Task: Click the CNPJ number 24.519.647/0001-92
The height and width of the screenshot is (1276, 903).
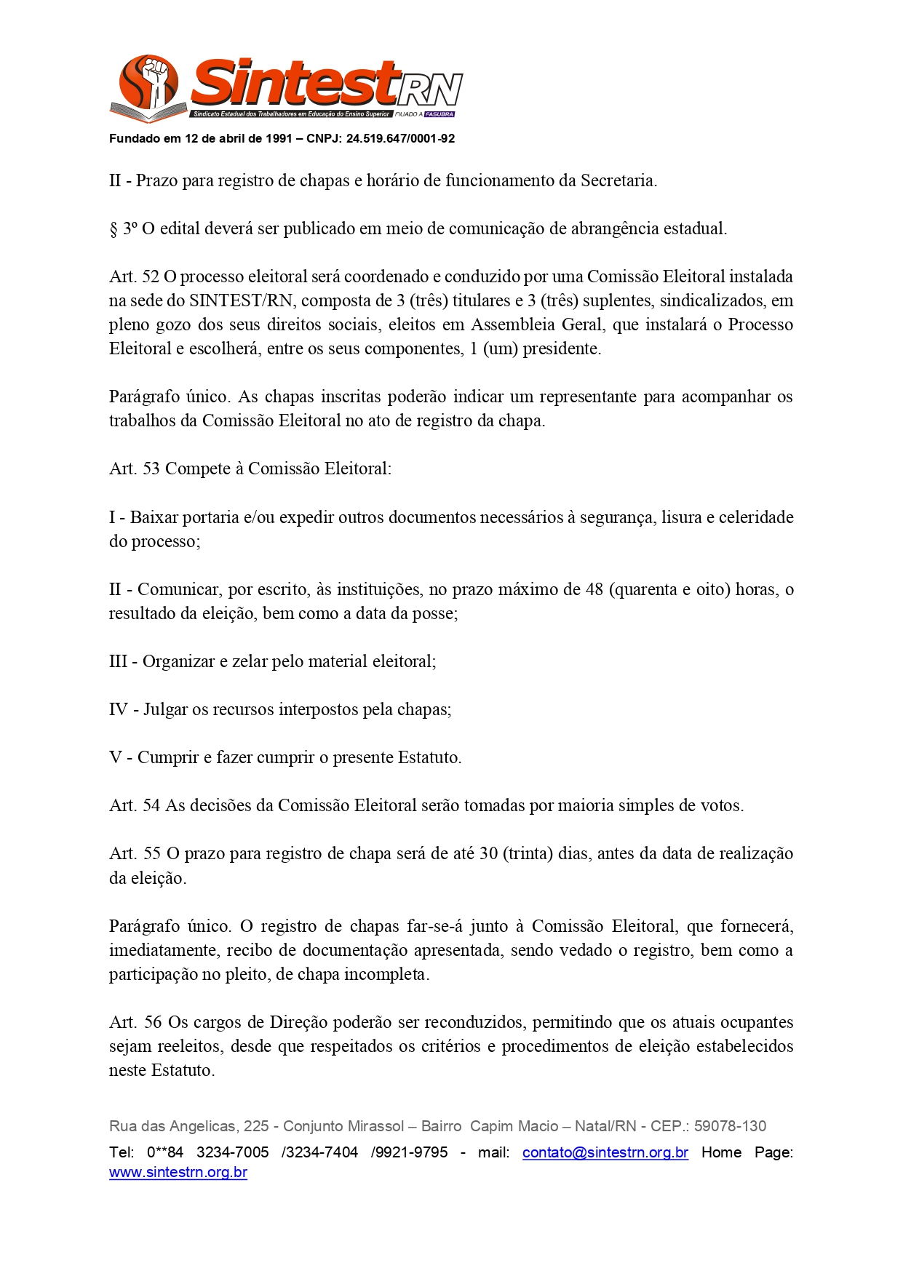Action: (x=400, y=139)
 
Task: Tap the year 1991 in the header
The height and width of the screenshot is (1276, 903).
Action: (x=279, y=139)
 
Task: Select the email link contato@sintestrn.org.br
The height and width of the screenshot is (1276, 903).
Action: (x=605, y=1152)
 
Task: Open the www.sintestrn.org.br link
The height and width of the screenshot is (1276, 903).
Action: (x=178, y=1173)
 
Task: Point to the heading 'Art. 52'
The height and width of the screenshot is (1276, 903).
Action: (x=134, y=276)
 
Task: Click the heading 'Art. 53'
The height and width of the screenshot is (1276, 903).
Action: (x=134, y=468)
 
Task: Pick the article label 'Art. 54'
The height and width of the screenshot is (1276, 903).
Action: (x=134, y=805)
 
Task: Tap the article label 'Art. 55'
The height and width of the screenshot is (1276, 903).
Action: (x=135, y=853)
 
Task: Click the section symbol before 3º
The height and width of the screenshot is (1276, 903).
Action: (x=114, y=229)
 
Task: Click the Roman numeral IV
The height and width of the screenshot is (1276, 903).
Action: (x=119, y=709)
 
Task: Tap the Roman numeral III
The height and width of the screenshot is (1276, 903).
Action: (x=118, y=661)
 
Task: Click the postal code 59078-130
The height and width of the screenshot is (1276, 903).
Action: (x=730, y=1126)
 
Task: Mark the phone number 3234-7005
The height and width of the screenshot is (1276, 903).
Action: (x=233, y=1152)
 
